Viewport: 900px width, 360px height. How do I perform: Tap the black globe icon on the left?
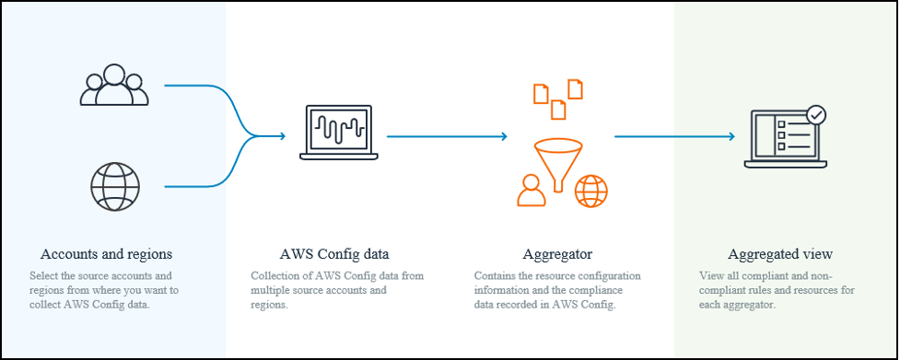(114, 187)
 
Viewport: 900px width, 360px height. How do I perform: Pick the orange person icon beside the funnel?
(531, 190)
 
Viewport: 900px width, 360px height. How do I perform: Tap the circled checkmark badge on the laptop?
(816, 116)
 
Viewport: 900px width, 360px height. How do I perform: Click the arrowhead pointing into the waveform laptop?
(282, 136)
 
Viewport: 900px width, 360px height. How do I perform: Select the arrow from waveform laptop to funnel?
(447, 136)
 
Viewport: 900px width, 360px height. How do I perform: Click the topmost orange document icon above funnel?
(575, 88)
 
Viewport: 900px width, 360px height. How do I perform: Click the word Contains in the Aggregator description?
(495, 275)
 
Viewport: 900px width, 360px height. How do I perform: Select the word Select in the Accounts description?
(43, 275)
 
